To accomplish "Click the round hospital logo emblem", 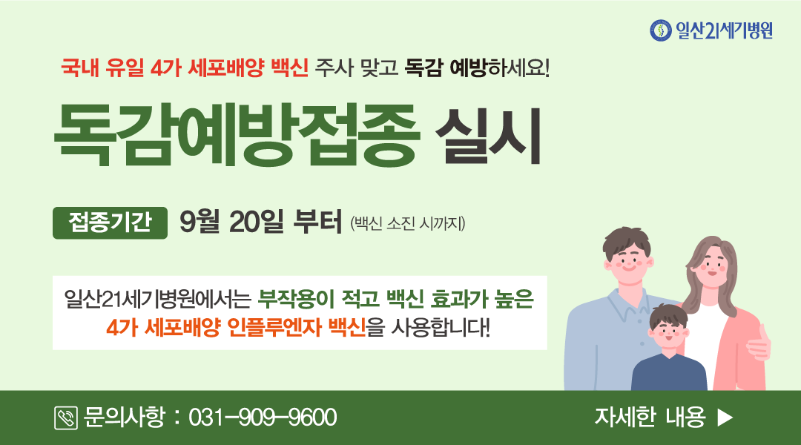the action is click(661, 30).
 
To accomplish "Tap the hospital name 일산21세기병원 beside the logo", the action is click(725, 30).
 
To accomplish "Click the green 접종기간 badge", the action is click(110, 222).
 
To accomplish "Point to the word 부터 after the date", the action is click(317, 222).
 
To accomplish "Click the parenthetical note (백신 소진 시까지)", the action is click(408, 224).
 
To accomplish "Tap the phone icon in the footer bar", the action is click(66, 418).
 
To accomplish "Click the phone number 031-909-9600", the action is click(263, 418).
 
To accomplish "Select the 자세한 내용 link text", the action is click(649, 417).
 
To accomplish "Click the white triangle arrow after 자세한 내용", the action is click(725, 418).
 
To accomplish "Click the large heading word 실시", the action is click(488, 135).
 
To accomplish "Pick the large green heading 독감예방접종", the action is click(237, 135).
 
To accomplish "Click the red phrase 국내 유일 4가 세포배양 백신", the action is click(185, 68).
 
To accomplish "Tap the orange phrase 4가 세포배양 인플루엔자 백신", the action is click(236, 327).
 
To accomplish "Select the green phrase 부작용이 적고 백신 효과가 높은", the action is click(395, 299).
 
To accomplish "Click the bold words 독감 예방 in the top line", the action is click(446, 68).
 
